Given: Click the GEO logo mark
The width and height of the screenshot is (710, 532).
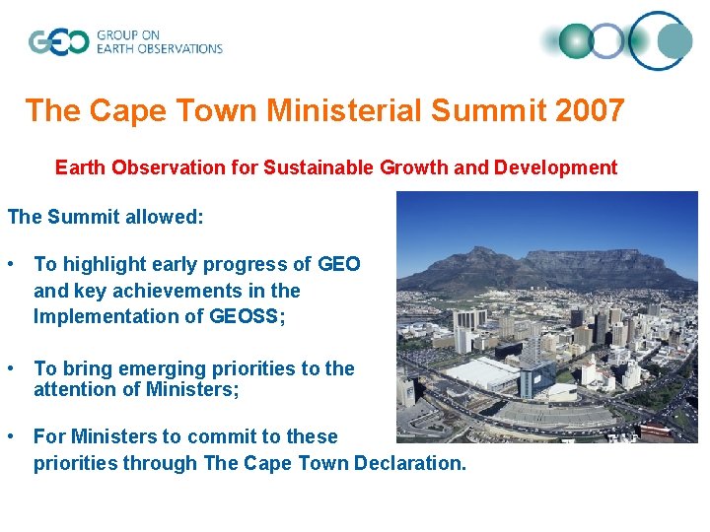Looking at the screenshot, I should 58,41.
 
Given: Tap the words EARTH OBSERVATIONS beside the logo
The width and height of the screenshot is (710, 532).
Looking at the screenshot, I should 159,48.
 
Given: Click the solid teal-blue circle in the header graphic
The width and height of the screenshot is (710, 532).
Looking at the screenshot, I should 675,41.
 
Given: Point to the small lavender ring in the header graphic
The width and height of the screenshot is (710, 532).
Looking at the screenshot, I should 608,41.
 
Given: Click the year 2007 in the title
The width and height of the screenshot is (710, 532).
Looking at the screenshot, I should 590,110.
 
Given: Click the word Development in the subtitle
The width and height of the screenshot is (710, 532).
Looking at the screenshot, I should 556,167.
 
